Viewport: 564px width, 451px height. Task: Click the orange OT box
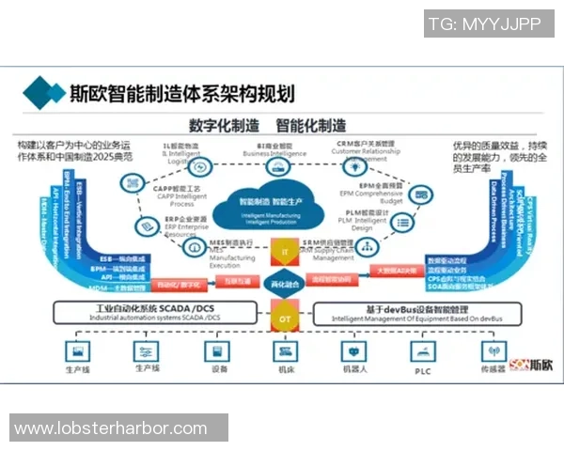(x=283, y=319)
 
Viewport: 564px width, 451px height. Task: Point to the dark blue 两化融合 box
(x=283, y=282)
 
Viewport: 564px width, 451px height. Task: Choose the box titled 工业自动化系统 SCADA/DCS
(x=157, y=312)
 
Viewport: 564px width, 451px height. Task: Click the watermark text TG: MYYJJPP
(x=485, y=23)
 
